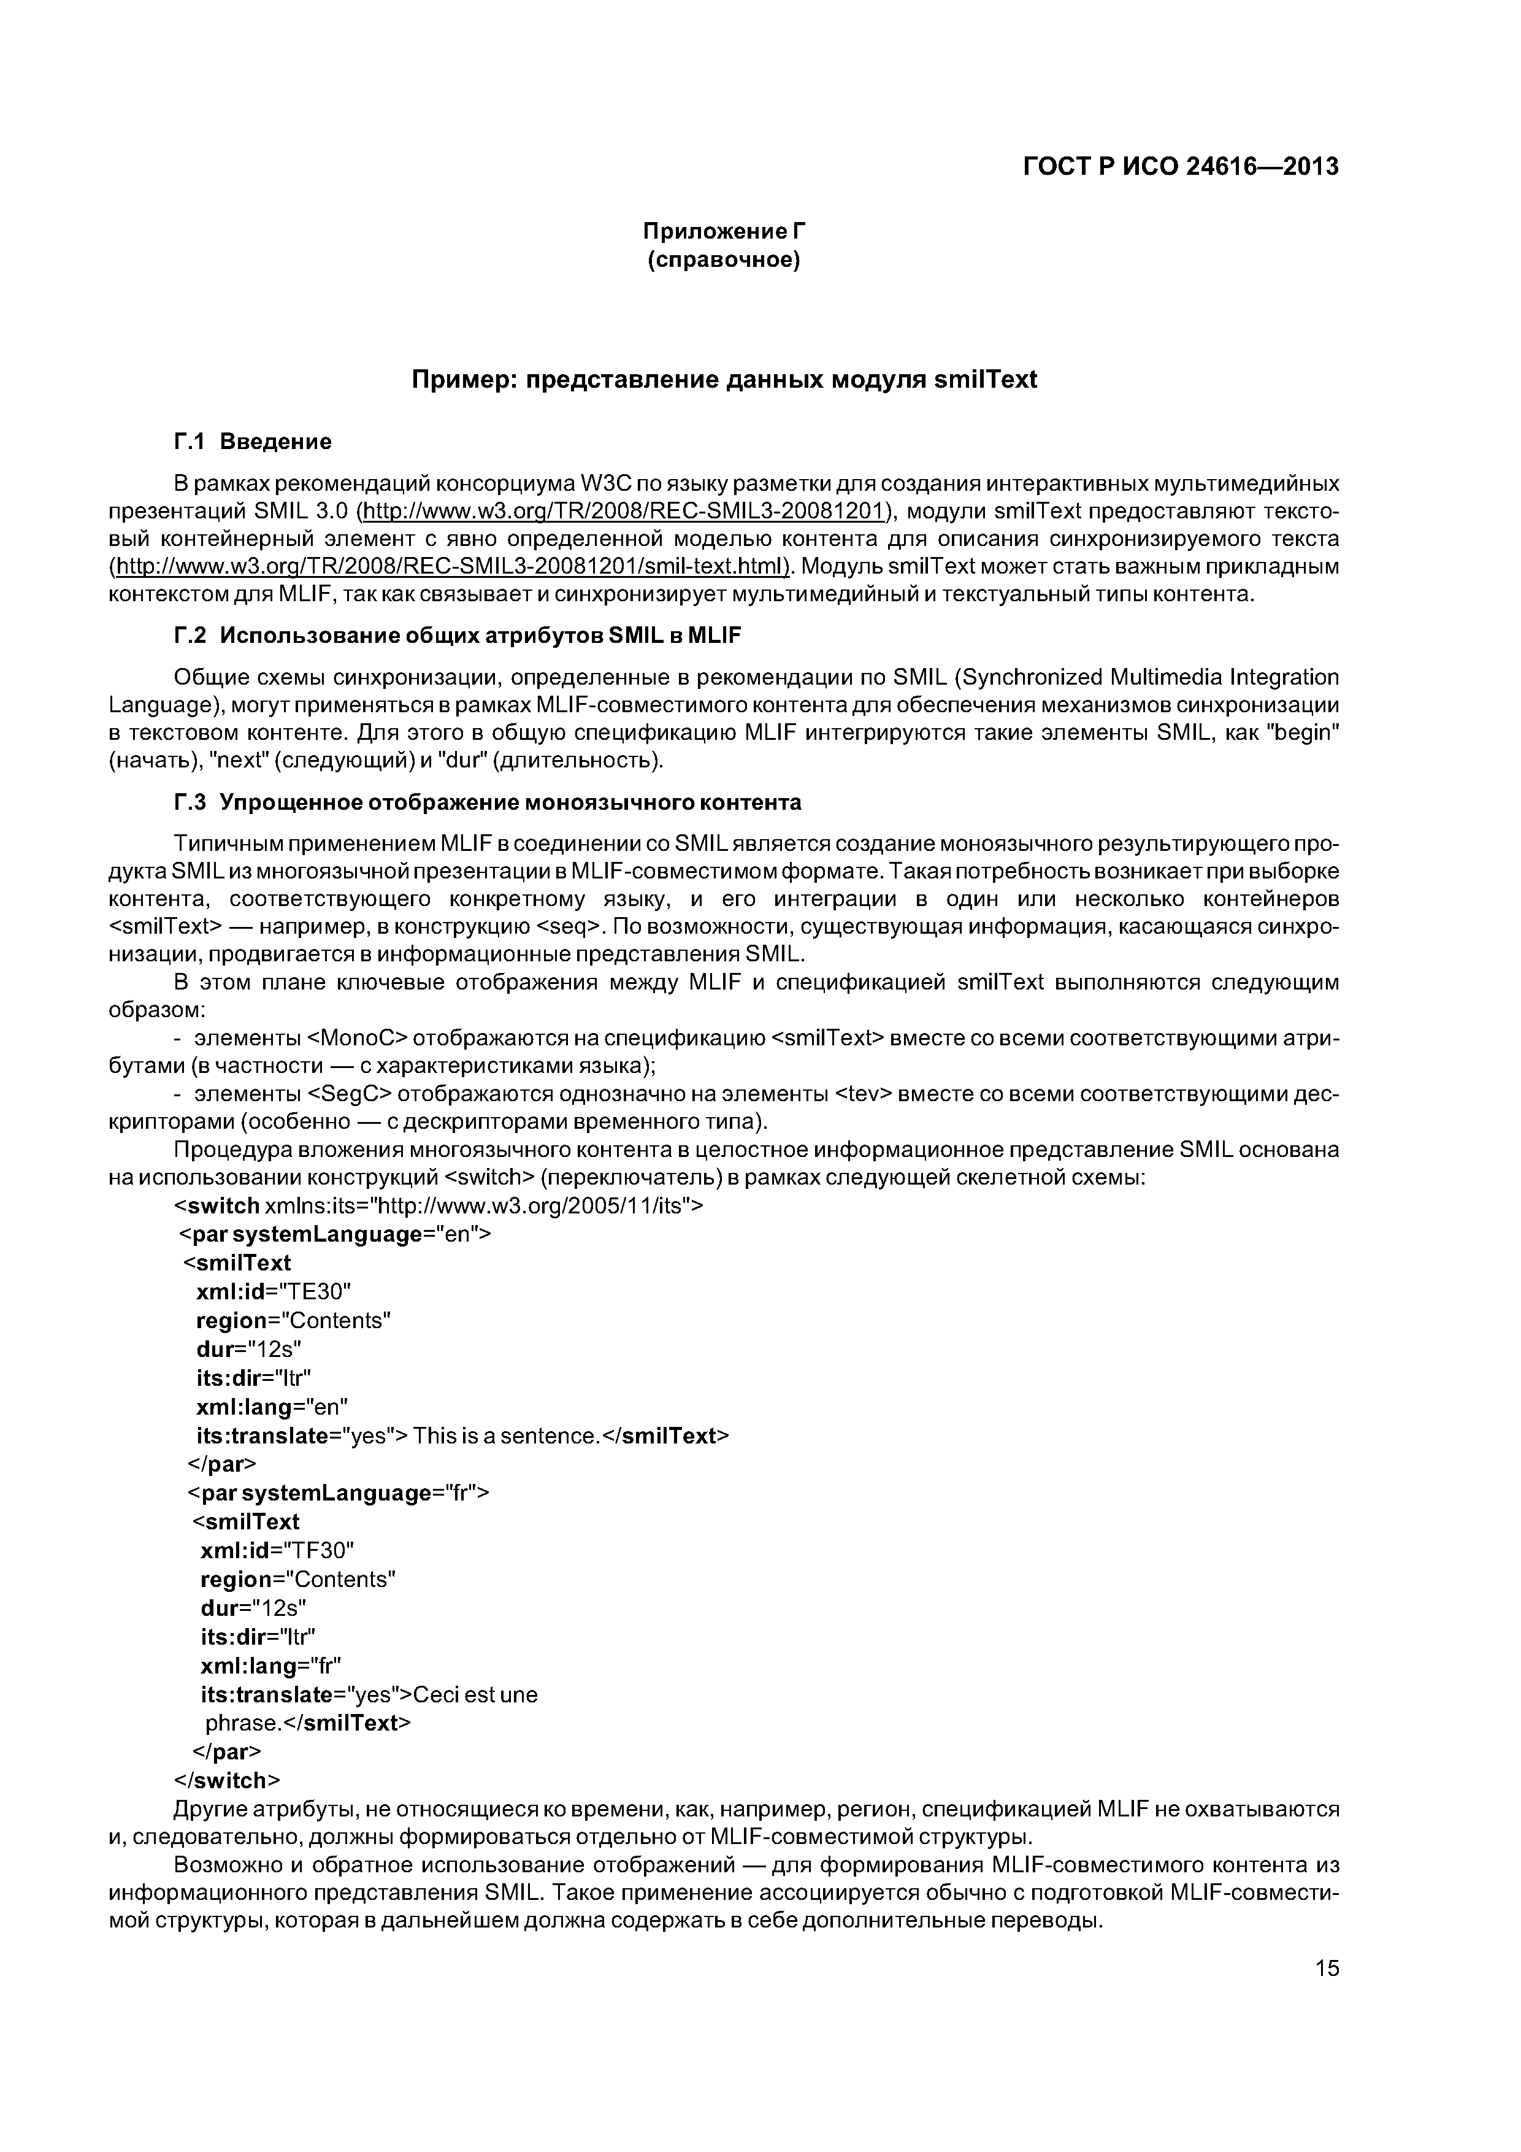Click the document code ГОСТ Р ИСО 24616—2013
click(1180, 167)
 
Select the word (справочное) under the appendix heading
click(724, 259)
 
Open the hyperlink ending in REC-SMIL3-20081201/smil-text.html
click(450, 567)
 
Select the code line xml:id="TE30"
click(273, 1291)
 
